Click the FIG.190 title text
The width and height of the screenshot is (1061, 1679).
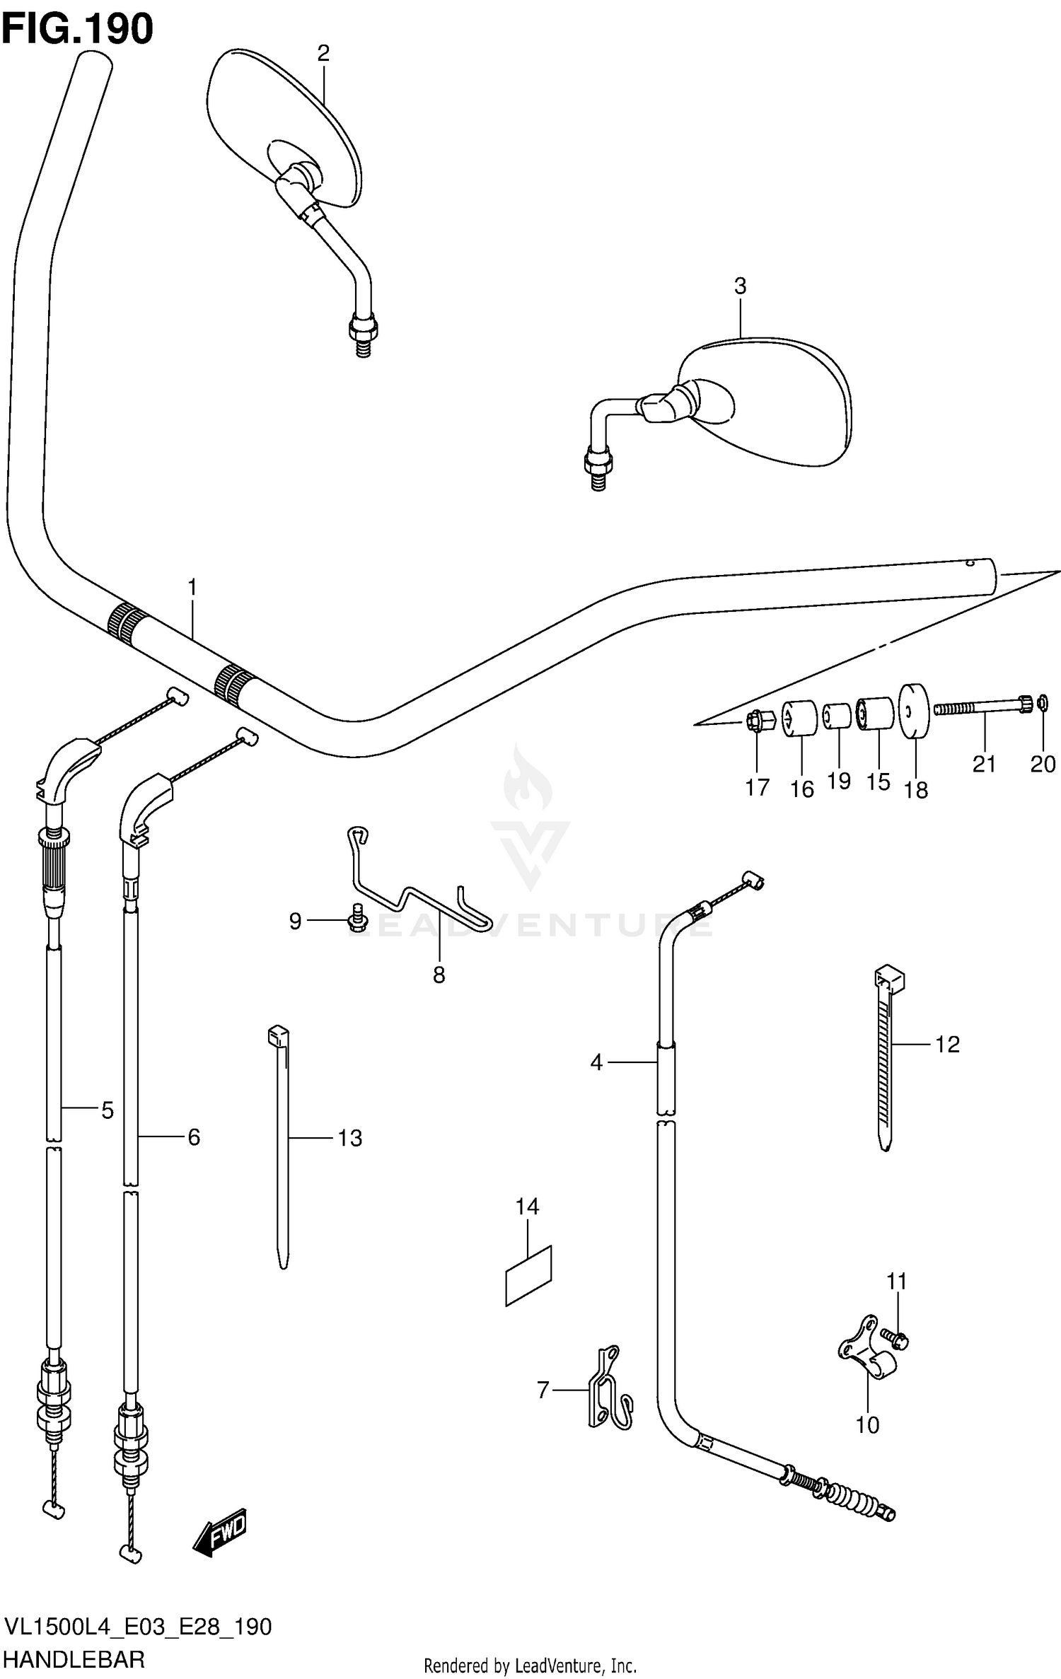click(x=77, y=29)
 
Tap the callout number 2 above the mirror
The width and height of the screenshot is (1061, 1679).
click(x=323, y=53)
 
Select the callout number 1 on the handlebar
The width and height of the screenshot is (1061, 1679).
click(x=192, y=588)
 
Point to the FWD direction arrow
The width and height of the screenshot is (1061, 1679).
click(x=220, y=1530)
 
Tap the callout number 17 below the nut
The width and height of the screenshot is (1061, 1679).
click(x=757, y=787)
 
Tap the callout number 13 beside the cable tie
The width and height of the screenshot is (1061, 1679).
click(x=349, y=1138)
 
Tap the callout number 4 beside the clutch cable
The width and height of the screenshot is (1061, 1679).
click(x=596, y=1062)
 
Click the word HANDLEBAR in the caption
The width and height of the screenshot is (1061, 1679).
click(x=74, y=1656)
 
